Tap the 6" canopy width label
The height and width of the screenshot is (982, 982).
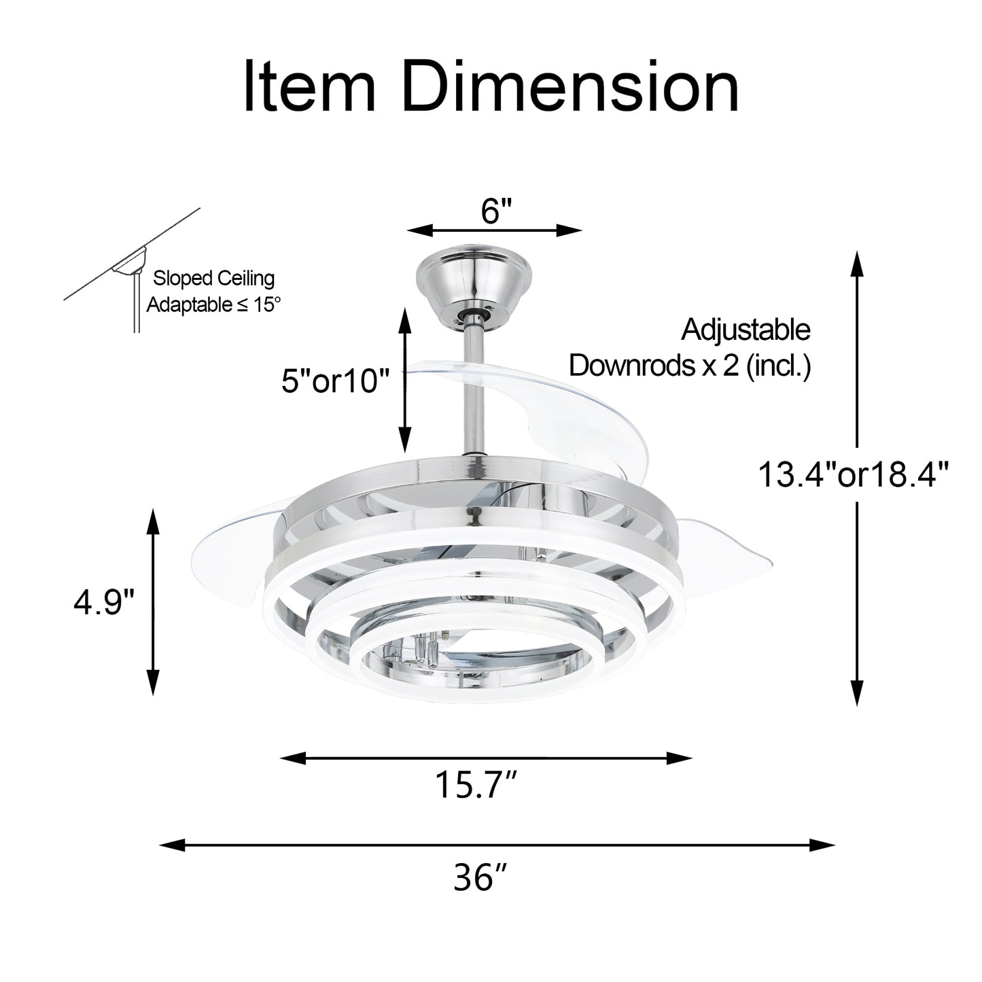click(495, 211)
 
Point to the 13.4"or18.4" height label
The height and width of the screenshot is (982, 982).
click(853, 474)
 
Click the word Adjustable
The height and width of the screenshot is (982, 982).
click(746, 330)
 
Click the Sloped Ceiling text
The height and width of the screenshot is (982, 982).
click(213, 279)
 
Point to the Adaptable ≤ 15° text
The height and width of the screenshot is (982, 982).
click(213, 304)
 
